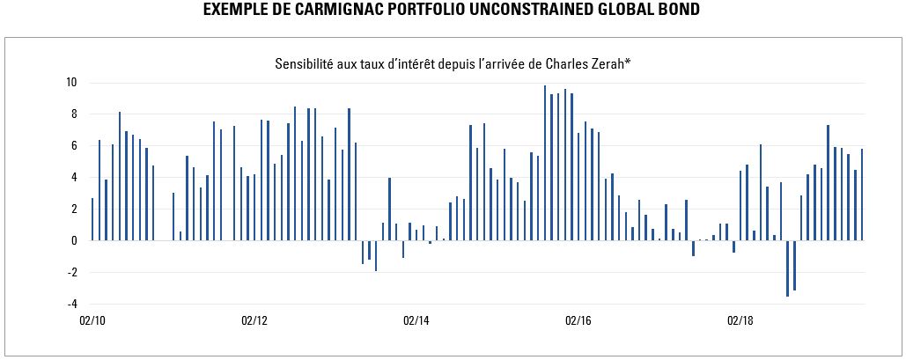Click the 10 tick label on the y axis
click(71, 83)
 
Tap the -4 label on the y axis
click(71, 305)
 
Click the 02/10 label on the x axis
click(92, 321)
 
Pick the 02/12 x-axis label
click(254, 321)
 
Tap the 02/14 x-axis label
click(416, 321)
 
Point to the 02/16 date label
click(578, 321)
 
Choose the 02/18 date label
click(739, 321)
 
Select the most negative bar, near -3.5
click(787, 268)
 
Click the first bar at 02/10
click(92, 219)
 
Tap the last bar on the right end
click(862, 195)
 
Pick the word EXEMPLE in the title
click(232, 11)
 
